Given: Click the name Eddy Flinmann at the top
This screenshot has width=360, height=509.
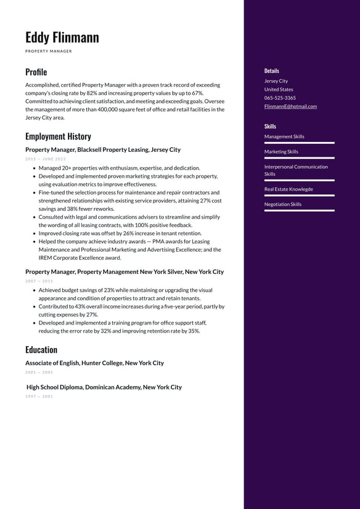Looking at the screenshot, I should tap(62, 38).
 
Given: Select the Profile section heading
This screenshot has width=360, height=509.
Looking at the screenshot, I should tap(36, 72).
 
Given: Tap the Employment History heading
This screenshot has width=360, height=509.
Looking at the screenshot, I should tap(58, 136).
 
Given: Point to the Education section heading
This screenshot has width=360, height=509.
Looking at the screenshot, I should tap(41, 350).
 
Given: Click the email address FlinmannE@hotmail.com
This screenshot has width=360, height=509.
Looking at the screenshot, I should tap(290, 106).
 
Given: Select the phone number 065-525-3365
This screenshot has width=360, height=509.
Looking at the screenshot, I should tap(280, 97).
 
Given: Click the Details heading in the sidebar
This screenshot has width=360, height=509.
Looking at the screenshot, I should tap(271, 71).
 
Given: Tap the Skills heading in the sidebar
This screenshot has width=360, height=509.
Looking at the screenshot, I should tap(270, 126).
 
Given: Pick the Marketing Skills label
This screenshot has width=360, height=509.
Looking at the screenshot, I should tap(281, 152).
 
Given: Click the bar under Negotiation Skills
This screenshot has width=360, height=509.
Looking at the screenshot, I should tap(299, 211).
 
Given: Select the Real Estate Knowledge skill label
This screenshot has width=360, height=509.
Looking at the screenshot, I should tap(288, 189).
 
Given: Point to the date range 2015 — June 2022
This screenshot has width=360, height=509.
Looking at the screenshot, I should tap(46, 159).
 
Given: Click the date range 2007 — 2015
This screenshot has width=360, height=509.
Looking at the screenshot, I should tap(39, 281).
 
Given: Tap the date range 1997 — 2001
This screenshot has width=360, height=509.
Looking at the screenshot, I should tap(39, 396).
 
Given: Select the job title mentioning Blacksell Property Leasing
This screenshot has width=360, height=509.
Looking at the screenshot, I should tap(103, 150).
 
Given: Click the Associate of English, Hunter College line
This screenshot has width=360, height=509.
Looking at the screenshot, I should tap(94, 363).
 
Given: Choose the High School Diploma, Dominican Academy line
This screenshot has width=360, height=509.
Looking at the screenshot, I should tap(104, 387).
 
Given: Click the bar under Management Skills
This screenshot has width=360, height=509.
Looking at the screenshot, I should tap(299, 143).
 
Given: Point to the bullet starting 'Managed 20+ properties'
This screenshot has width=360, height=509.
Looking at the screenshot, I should tap(119, 168).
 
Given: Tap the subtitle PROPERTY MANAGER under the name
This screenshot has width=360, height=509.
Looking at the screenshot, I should tap(48, 51).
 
